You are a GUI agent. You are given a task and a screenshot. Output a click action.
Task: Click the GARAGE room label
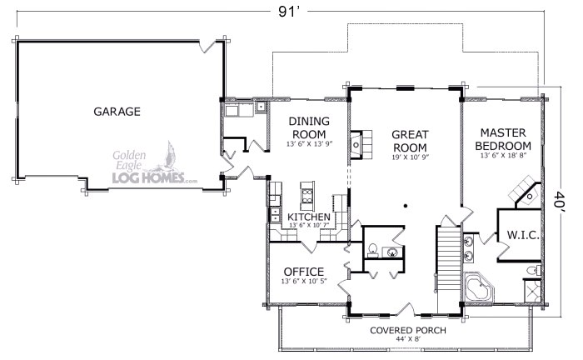tap(117, 112)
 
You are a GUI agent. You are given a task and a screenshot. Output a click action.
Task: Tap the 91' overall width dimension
tap(289, 12)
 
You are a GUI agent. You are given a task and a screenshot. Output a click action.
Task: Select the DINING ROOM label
tap(309, 127)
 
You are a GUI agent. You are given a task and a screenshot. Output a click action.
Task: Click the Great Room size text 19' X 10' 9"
tap(410, 157)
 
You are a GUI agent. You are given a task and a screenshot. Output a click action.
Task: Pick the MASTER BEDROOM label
tap(503, 139)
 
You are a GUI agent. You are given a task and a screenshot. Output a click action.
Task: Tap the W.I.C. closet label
tap(523, 235)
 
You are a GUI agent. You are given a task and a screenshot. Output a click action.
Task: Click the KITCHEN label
tap(309, 217)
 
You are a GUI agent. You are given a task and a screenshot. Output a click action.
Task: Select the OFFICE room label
tap(304, 272)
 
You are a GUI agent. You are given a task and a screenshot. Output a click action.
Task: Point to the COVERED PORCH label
tap(408, 330)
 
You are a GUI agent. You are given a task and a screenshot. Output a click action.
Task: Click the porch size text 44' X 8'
tap(408, 339)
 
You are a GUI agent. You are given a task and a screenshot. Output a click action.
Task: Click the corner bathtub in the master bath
tap(479, 287)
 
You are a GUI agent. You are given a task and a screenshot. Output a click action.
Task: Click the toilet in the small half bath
tap(372, 250)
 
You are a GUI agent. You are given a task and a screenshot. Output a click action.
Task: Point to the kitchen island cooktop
tap(307, 196)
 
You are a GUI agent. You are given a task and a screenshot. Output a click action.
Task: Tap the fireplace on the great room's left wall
tap(361, 145)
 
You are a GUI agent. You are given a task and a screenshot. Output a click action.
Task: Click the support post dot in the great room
tap(406, 206)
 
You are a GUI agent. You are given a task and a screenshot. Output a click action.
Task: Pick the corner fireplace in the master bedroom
tap(526, 192)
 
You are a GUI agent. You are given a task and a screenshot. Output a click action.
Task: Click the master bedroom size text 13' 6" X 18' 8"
tap(503, 156)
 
